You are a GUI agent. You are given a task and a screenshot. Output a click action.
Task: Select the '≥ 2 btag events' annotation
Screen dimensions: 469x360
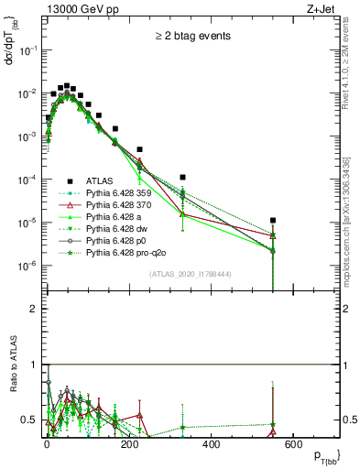coord(192,37)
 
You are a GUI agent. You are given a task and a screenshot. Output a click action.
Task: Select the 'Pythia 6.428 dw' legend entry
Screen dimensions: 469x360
coord(123,228)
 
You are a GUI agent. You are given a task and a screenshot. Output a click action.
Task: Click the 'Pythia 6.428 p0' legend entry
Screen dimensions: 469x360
coord(123,239)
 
